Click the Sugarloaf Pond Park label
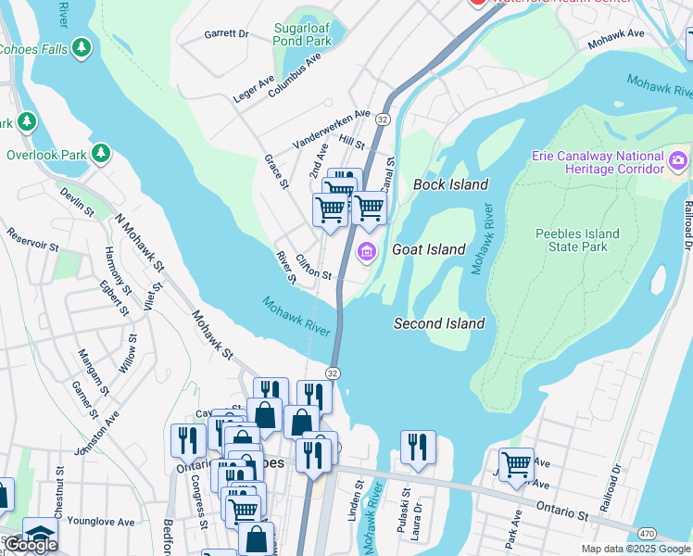[x=302, y=34]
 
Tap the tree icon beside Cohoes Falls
[x=82, y=47]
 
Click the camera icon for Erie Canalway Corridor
[x=679, y=161]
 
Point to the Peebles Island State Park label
[x=577, y=240]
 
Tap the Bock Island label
[x=450, y=184]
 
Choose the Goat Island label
[x=428, y=249]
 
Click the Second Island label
[x=439, y=323]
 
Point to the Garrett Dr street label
[x=227, y=34]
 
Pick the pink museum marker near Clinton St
[x=366, y=251]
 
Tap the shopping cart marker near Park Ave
[x=516, y=463]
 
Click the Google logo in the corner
[x=31, y=545]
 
